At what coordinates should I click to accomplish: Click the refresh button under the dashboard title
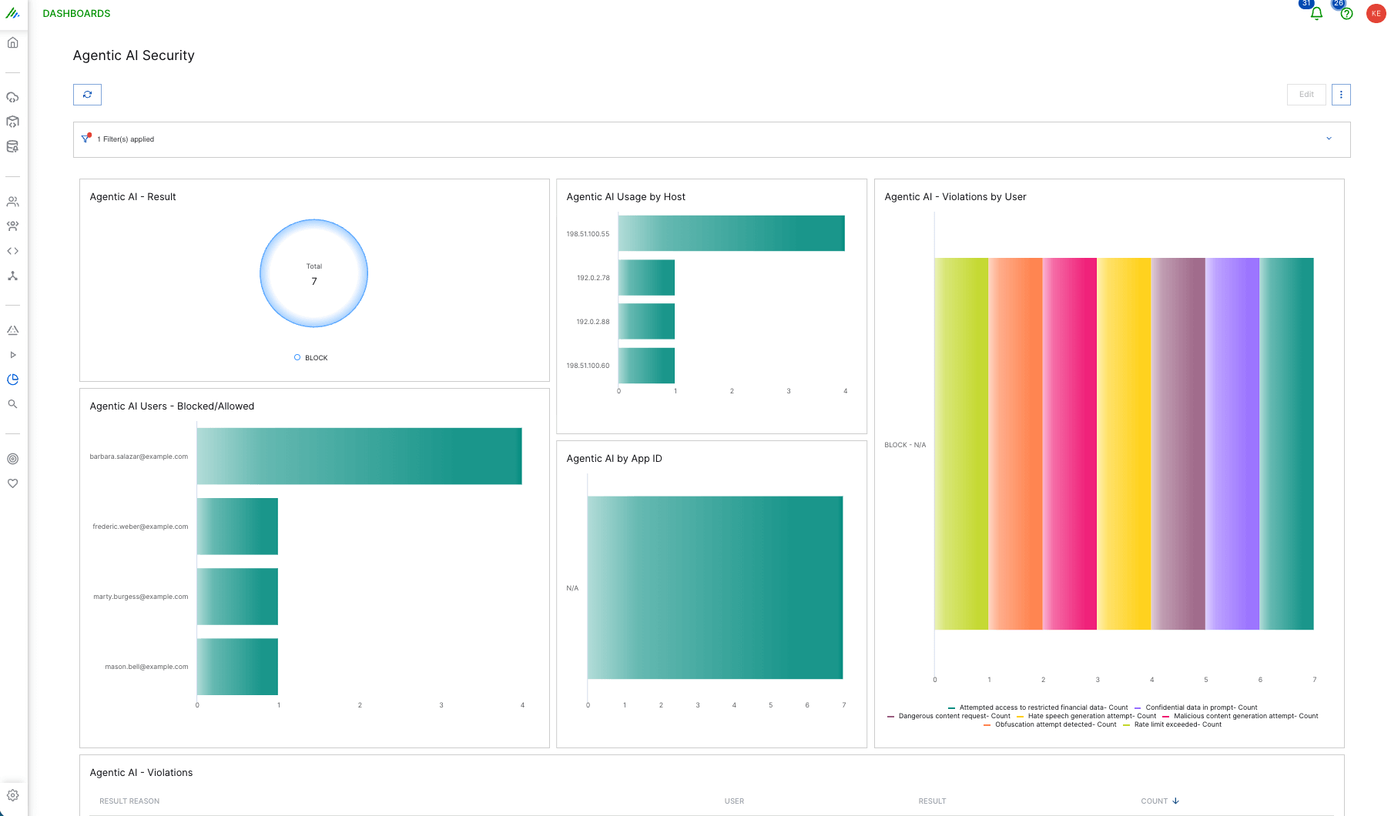[87, 95]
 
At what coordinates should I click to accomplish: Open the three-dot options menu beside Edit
[1341, 95]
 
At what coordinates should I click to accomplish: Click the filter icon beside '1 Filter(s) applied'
[86, 139]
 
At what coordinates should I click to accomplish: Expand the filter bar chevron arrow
[1329, 139]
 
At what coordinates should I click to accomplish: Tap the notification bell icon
[1316, 14]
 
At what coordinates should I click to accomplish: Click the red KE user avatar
[1376, 13]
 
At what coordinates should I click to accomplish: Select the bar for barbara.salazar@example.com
[359, 456]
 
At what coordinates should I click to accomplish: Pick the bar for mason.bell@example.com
[237, 667]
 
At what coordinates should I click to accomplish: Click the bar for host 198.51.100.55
[731, 233]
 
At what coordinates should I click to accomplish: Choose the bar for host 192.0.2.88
[646, 321]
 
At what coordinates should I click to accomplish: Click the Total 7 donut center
[313, 274]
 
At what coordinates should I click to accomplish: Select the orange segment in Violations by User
[1015, 443]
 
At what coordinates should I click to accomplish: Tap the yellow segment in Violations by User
[1124, 443]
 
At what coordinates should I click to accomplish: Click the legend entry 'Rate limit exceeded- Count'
[1177, 724]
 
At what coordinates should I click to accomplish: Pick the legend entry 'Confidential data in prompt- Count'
[1201, 707]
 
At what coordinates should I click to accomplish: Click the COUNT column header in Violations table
[1155, 801]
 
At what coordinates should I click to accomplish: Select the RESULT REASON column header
[129, 801]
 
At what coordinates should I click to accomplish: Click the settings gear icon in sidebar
[13, 795]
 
